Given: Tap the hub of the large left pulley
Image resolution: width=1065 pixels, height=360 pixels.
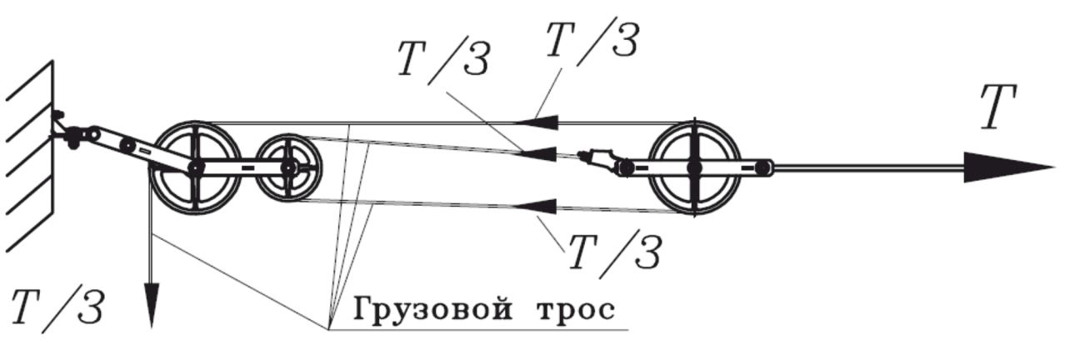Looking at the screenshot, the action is click(195, 168).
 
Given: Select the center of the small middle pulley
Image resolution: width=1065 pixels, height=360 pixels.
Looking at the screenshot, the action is click(287, 167).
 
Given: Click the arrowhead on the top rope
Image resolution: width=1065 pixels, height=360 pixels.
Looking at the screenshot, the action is click(534, 122).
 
